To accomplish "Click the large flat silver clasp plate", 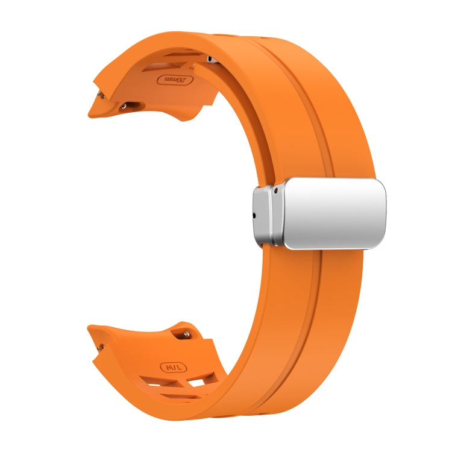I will pos(334,214).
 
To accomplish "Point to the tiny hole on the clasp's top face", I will pos(275,190).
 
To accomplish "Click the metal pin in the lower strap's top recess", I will pos(187,333).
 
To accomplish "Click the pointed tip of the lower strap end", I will pos(89,328).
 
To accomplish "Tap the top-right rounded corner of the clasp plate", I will pos(381,183).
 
